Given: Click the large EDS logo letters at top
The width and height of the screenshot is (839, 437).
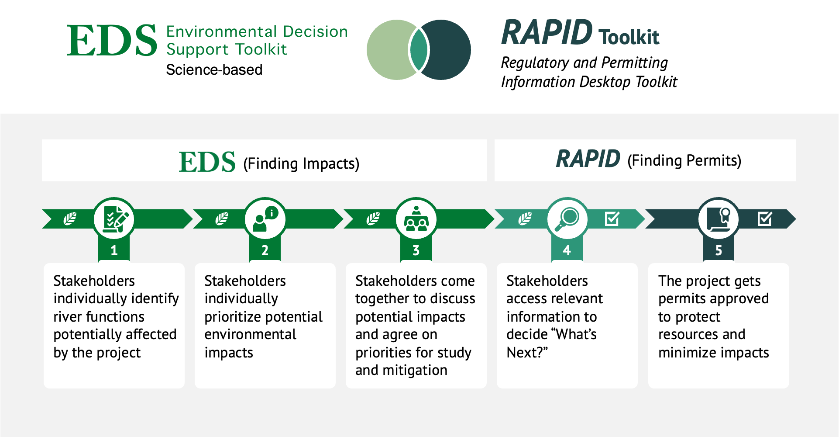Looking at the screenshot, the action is point(112,40).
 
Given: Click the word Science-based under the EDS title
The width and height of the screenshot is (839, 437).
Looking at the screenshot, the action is point(214,70).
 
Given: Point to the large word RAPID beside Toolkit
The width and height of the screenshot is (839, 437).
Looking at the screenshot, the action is point(547,33).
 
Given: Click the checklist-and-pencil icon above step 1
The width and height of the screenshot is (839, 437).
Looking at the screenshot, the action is point(114,218).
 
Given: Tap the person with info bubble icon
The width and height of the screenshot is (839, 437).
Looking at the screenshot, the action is point(265,218).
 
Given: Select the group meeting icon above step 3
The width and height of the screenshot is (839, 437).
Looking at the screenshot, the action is point(416,218).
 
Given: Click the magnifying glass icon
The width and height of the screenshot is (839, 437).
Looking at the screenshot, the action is point(567,218).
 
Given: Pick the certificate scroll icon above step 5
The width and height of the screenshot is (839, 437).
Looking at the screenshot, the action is point(719,218).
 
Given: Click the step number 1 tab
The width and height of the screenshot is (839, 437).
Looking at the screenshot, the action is point(114,250).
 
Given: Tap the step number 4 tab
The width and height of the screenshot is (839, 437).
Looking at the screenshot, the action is point(567,250).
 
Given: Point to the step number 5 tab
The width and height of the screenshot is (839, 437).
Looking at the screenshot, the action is point(719,250).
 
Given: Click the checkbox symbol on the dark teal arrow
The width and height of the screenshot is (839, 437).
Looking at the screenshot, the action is point(765,218).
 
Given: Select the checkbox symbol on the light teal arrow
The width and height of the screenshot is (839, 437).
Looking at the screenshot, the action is point(612,218).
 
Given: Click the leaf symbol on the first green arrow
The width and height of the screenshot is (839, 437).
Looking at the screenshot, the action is point(70,218).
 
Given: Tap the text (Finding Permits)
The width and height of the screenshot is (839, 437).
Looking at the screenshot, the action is point(684,161).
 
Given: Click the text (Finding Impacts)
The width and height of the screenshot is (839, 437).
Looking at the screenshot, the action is point(301,164).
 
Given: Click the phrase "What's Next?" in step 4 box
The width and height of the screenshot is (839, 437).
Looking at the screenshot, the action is point(552,343).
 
